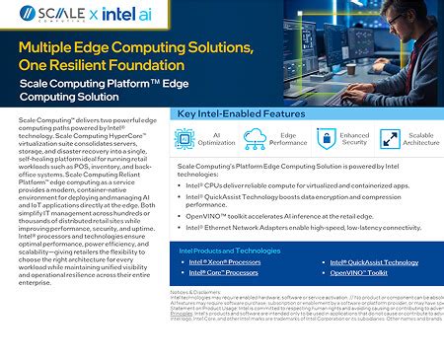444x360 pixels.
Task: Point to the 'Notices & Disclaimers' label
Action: click(196, 293)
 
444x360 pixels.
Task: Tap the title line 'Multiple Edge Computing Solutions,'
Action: click(136, 48)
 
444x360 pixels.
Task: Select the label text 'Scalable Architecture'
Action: click(421, 140)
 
